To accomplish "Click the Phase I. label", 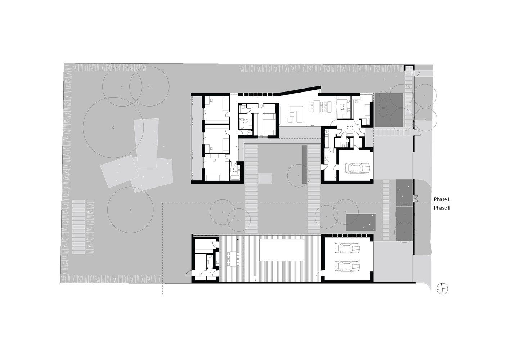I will point(442,199).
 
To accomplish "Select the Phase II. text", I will point(442,208).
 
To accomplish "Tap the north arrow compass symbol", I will point(442,288).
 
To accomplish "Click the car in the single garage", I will point(357,168).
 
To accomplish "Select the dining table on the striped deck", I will point(233,258).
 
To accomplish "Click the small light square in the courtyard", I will point(265,178).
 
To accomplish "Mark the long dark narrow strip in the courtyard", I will point(304,164).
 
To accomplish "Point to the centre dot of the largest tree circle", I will point(113,127).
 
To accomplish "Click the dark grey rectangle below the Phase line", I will point(361,222).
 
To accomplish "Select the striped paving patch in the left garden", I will point(78,227).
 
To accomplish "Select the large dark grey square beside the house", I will point(389,110).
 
